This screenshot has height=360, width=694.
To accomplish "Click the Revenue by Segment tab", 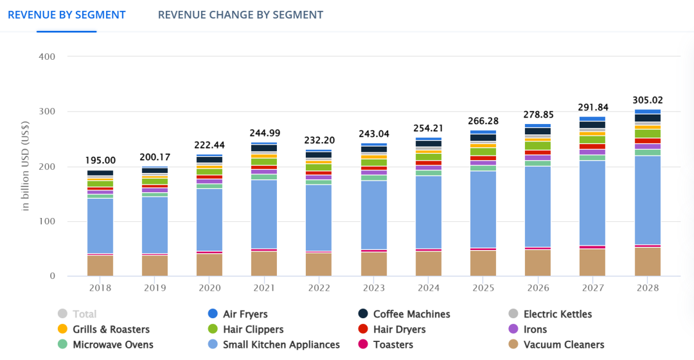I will tap(66, 15).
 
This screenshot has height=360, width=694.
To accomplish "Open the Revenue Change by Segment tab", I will tap(240, 15).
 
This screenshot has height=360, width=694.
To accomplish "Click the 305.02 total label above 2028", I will tap(648, 100).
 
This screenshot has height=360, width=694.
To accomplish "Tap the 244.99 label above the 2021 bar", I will tap(265, 133).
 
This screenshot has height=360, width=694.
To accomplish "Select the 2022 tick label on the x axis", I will tap(319, 288).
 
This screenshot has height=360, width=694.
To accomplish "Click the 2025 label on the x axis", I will tap(484, 288).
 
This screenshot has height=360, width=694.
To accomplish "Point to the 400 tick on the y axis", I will tap(47, 57).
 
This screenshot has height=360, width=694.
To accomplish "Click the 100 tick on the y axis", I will tap(47, 222).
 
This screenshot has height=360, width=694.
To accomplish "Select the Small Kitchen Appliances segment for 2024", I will tap(429, 212).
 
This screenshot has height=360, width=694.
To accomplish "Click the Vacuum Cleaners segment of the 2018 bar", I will tap(100, 266).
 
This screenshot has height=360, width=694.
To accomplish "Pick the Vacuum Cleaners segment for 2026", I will tap(538, 263).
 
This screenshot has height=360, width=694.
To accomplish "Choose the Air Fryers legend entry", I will tap(245, 314).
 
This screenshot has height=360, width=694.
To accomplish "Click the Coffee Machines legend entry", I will tap(411, 314).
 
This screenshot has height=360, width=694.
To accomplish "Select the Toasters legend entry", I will tap(393, 345).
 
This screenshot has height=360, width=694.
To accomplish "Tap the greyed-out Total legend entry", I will tap(84, 314).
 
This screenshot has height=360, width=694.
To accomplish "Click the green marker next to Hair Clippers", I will tap(213, 330).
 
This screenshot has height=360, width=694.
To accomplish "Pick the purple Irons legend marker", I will tap(513, 330).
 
